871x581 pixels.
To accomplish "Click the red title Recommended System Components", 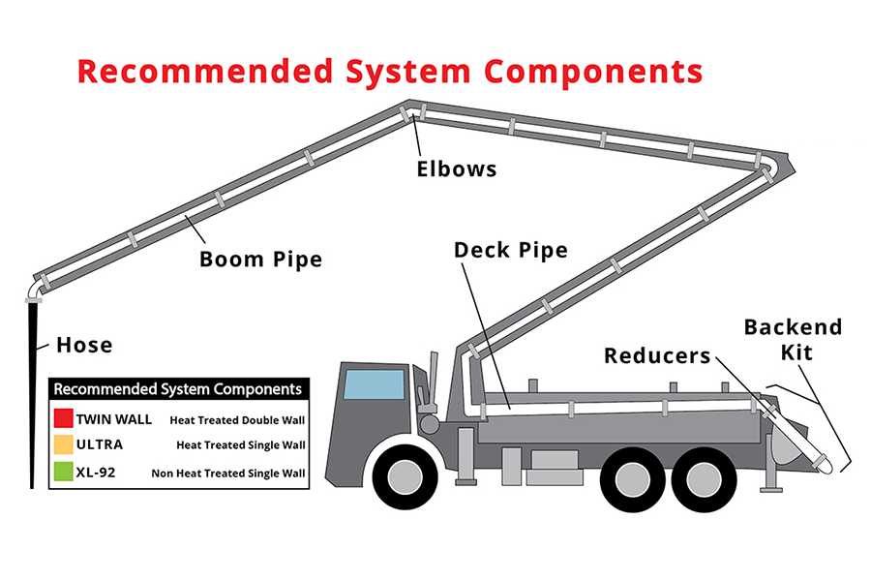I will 389,72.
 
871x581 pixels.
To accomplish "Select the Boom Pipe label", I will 260,260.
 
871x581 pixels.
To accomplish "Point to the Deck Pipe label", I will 510,250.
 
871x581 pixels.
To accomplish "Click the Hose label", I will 84,345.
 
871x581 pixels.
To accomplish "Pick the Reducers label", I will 657,355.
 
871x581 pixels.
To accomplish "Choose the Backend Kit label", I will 793,339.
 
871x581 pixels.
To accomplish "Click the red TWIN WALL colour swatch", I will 63,419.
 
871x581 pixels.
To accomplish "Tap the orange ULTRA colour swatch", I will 63,445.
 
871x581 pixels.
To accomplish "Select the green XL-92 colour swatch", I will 63,473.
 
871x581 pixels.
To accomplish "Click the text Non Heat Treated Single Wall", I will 228,474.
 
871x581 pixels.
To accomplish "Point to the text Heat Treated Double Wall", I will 237,420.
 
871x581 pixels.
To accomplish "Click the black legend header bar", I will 178,389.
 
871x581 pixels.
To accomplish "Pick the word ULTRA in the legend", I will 101,446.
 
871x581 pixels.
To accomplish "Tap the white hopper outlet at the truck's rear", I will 824,466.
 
